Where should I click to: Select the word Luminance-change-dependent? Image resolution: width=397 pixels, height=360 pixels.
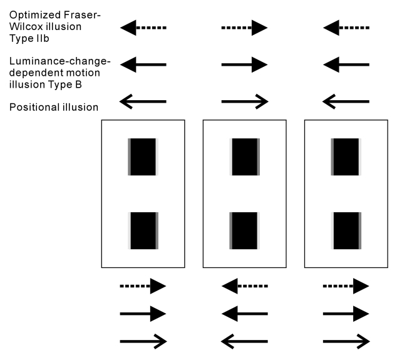(x=59, y=61)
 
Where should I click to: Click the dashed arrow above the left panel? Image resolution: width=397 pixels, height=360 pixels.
(x=143, y=28)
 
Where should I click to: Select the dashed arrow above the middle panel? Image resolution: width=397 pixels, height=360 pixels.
(x=244, y=28)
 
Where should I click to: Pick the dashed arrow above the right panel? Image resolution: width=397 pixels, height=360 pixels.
(x=346, y=28)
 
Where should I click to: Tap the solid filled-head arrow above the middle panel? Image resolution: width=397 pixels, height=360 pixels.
(x=244, y=64)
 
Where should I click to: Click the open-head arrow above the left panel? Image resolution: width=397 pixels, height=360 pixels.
(x=143, y=101)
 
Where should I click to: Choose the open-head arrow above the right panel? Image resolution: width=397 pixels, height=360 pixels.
(x=346, y=101)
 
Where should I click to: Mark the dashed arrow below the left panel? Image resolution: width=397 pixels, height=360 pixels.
(x=143, y=286)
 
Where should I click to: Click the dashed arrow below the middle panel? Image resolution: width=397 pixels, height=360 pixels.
(x=244, y=286)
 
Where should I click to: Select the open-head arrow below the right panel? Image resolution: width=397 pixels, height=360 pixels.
(x=346, y=341)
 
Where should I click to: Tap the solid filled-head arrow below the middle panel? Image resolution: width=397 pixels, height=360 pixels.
(x=244, y=313)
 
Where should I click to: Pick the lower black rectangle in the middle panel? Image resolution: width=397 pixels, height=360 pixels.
(x=245, y=230)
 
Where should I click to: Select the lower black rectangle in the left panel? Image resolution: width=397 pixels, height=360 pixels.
(x=143, y=230)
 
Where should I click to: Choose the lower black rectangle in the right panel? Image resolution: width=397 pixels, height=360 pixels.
(x=346, y=230)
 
